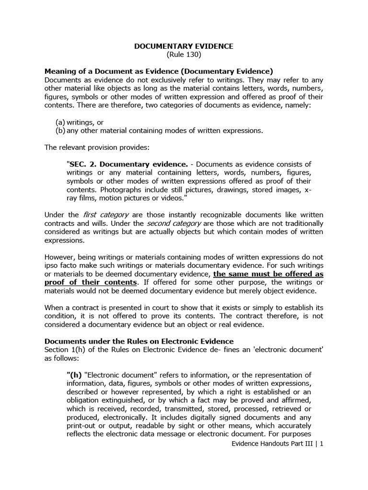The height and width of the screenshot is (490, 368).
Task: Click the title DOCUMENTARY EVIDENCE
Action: [184, 46]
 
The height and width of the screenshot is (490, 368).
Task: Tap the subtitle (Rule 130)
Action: [184, 55]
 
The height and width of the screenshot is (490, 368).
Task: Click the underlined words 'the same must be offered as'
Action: [268, 274]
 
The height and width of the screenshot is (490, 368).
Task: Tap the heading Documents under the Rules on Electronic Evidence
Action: [139, 341]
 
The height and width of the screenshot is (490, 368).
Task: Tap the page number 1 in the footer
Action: [322, 444]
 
